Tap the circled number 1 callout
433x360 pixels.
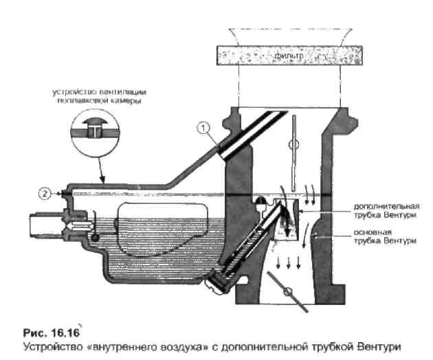203,127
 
